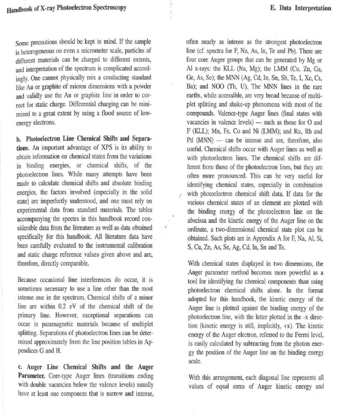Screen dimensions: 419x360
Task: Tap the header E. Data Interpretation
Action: (x=300, y=8)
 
